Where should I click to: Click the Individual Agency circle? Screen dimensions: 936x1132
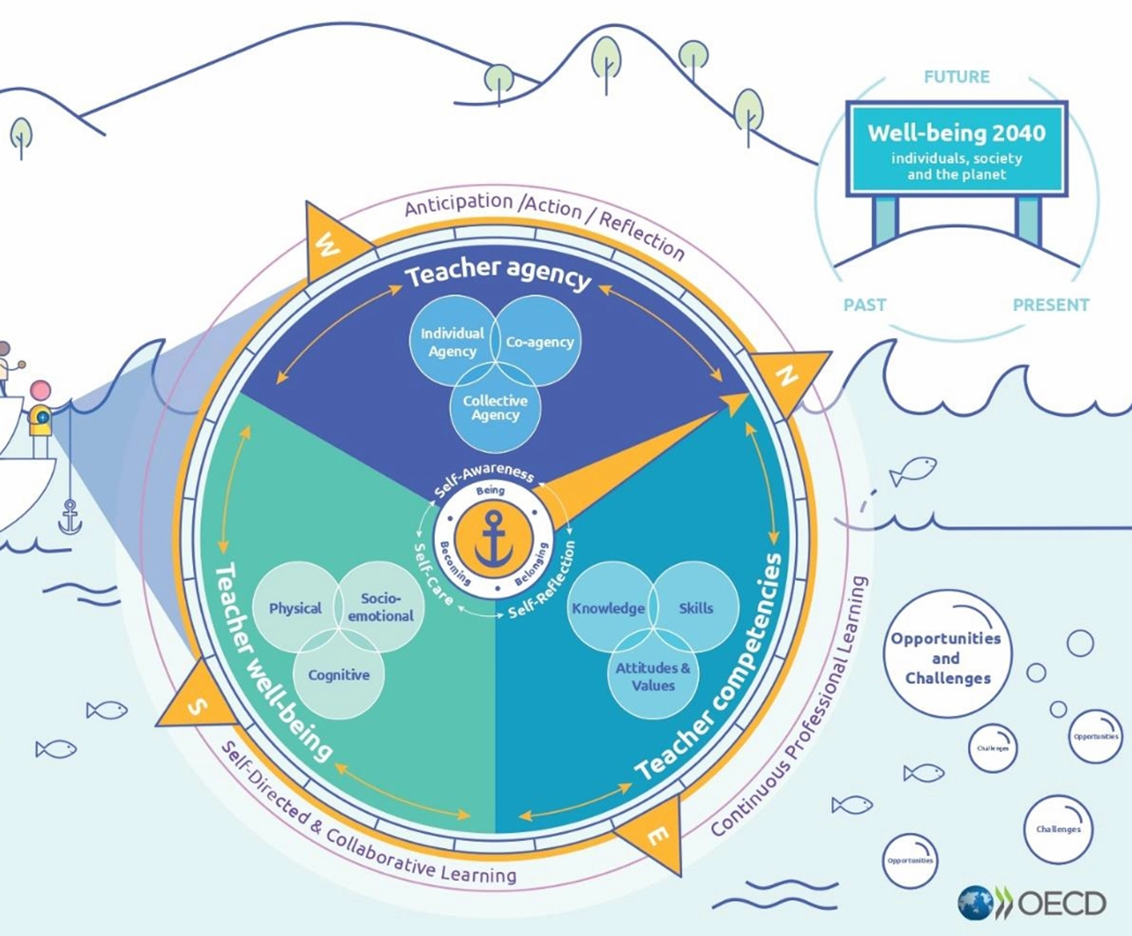click(452, 341)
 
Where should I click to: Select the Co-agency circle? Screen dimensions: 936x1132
click(539, 341)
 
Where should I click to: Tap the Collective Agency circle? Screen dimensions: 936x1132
click(495, 408)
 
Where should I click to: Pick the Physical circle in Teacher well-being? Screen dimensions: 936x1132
click(295, 608)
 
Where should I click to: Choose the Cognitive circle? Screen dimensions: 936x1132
click(338, 675)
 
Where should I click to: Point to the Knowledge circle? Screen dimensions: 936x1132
click(609, 608)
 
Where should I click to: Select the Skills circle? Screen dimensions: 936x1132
click(696, 608)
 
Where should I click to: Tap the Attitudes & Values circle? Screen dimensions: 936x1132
click(653, 677)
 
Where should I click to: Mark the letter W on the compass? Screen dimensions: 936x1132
click(327, 244)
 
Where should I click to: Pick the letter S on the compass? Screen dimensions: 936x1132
click(197, 706)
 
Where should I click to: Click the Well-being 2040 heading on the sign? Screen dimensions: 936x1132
click(956, 132)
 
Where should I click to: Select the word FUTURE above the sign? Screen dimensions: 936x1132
click(956, 77)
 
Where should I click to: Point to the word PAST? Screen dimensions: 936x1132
click(864, 304)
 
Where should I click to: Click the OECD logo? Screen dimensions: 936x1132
click(1033, 902)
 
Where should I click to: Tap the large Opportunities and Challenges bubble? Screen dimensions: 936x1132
click(947, 658)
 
